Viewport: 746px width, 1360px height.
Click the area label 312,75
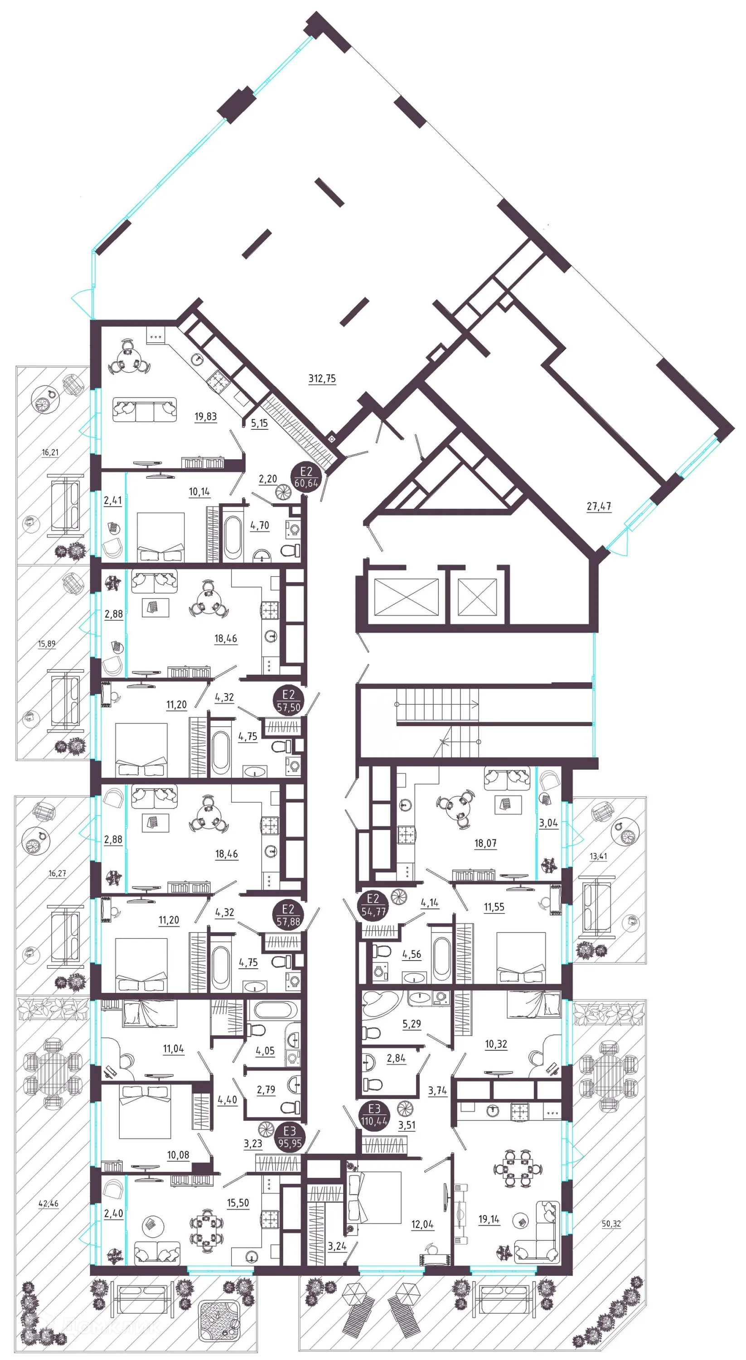click(x=321, y=379)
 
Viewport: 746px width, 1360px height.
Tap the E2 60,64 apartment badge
click(x=306, y=477)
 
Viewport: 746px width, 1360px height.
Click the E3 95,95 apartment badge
click(x=289, y=1137)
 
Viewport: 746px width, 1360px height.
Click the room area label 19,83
click(x=205, y=417)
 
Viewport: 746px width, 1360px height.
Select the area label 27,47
click(x=599, y=506)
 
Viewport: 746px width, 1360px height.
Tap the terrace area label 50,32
click(x=611, y=1224)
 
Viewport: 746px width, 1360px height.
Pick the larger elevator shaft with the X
click(x=406, y=597)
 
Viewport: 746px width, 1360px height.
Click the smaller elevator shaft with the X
click(x=477, y=597)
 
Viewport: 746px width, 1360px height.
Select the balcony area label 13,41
click(x=598, y=856)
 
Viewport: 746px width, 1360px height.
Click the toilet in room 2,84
click(x=372, y=1083)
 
